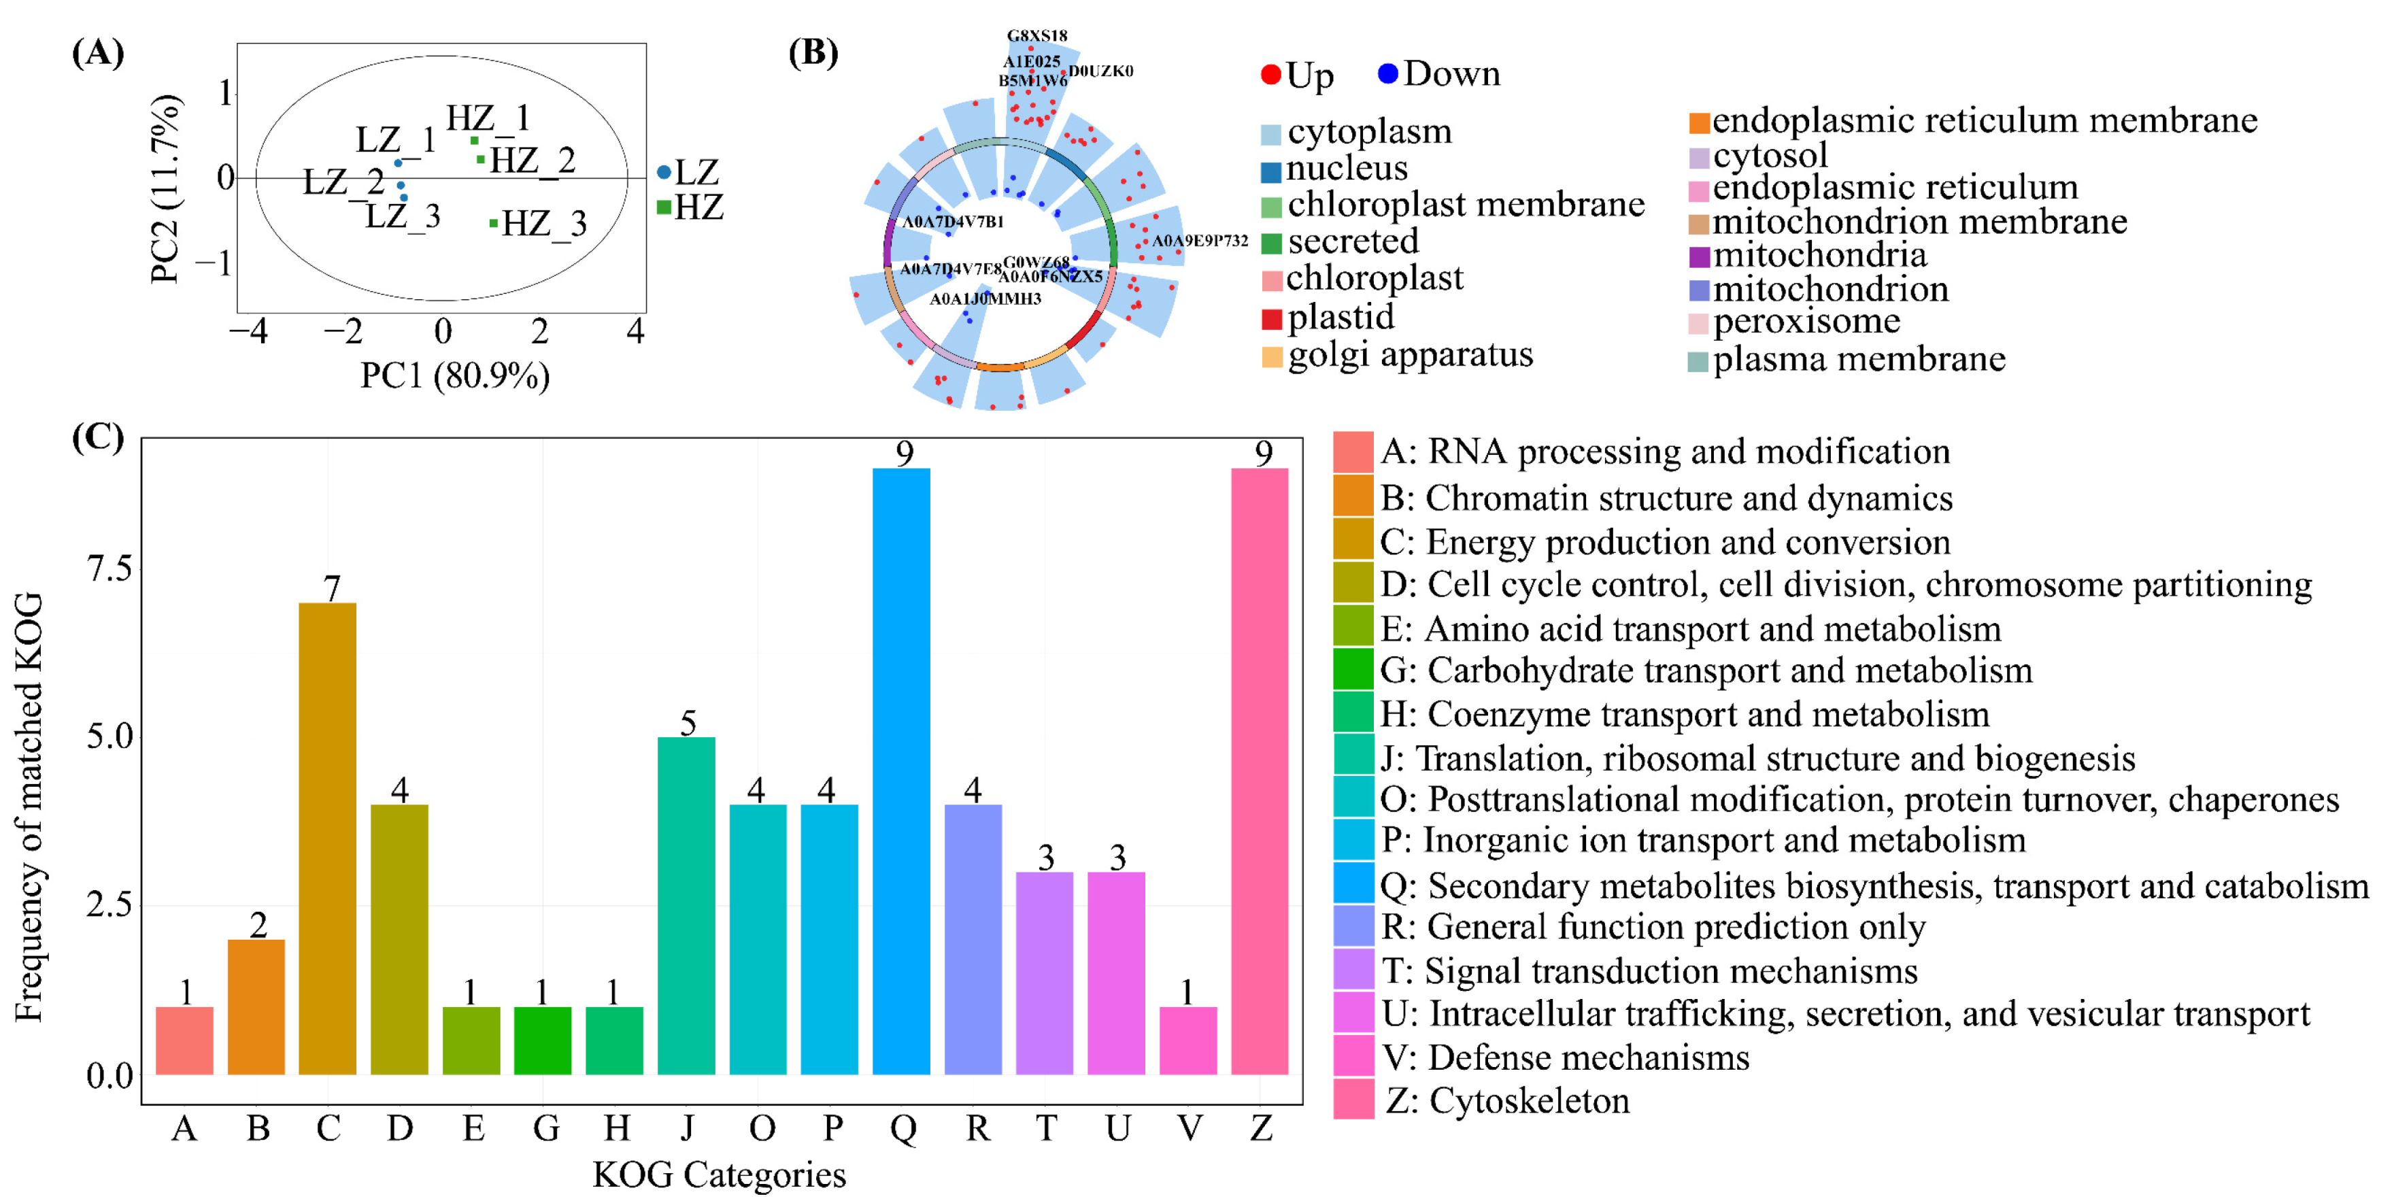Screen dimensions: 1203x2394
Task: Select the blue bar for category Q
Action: pos(900,771)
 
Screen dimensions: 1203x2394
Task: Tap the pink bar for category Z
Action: pos(1260,771)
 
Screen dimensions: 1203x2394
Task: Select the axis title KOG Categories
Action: pos(720,1175)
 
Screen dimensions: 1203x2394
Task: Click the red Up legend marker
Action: pos(1270,74)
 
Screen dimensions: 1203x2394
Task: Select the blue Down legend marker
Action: pos(1387,73)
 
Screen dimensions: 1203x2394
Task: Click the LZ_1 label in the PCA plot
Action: pos(396,140)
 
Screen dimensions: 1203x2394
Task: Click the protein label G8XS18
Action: pos(1037,36)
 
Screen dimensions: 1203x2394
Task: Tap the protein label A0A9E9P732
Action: pos(1199,241)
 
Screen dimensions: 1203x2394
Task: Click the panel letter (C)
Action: pos(97,437)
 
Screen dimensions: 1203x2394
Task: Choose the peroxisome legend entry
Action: pos(1806,322)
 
